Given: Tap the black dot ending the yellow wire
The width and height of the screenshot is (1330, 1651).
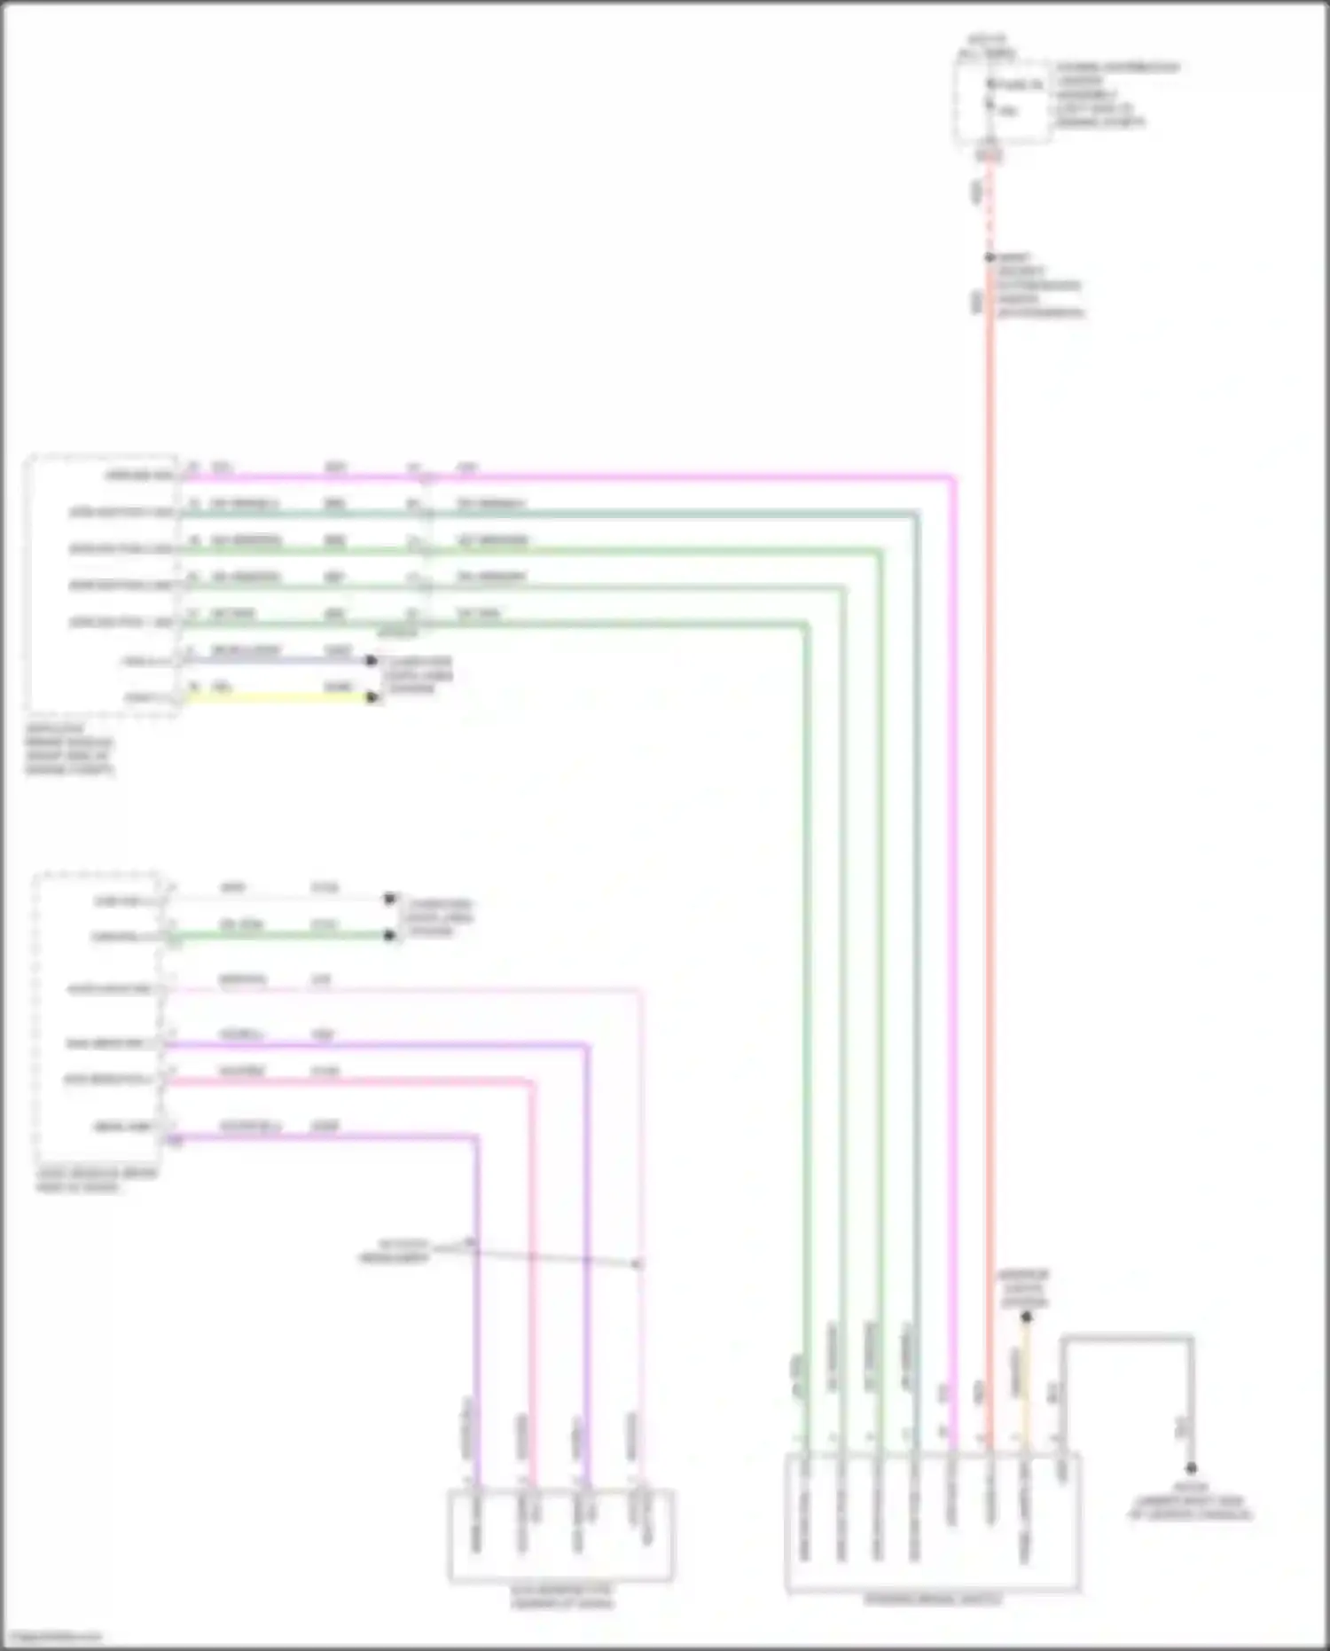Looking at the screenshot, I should (x=372, y=698).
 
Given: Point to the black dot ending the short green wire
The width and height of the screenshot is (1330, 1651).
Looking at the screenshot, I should (x=389, y=935).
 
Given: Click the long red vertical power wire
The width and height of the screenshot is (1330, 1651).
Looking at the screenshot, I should (x=990, y=798).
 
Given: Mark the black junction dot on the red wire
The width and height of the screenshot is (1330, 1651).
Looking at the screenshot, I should (x=990, y=258).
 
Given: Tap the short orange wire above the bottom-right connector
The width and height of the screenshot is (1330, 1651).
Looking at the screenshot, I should (x=1026, y=1384).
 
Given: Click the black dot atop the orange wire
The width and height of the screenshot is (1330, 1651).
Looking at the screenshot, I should (x=1026, y=1317).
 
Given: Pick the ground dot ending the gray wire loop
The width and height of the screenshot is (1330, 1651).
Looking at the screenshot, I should (x=1191, y=1469).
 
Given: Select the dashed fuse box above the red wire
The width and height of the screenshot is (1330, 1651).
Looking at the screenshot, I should (x=1002, y=102).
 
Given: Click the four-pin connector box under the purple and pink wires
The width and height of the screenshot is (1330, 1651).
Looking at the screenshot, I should (x=560, y=1535).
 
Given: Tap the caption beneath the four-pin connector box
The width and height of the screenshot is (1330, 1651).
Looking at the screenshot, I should (x=561, y=1597).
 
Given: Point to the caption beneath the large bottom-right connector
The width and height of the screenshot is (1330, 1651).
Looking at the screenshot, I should (x=933, y=1600).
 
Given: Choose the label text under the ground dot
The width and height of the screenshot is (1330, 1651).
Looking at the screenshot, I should (x=1191, y=1501).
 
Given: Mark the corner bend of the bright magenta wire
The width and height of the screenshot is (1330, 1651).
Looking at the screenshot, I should (x=952, y=478).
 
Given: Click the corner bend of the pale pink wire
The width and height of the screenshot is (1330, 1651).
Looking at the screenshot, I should (x=639, y=990).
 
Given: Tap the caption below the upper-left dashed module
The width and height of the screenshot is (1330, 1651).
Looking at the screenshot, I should (x=69, y=750).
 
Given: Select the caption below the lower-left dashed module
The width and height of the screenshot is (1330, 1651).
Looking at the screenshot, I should (x=96, y=1180).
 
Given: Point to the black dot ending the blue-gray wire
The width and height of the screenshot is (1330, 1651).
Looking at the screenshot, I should (x=372, y=661).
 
